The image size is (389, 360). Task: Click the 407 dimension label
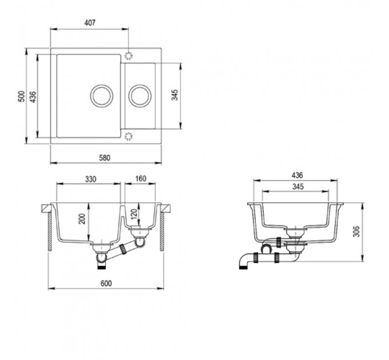click(90, 23)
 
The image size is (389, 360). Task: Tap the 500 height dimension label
click(22, 97)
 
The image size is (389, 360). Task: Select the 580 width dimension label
click(105, 158)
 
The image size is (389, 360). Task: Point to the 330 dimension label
click(90, 179)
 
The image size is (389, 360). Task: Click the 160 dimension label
click(141, 179)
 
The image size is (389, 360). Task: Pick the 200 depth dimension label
click(82, 219)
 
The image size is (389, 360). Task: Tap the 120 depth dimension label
click(134, 214)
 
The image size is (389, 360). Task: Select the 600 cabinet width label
click(106, 283)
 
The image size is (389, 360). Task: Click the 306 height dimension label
click(356, 231)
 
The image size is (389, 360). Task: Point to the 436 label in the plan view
click(33, 97)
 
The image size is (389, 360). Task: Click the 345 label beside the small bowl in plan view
click(175, 95)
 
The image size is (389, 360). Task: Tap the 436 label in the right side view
click(297, 175)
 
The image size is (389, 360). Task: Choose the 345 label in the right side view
click(297, 186)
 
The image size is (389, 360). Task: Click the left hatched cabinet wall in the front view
click(50, 231)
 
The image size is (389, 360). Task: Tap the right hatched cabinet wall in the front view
click(162, 231)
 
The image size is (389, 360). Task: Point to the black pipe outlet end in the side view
click(243, 267)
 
